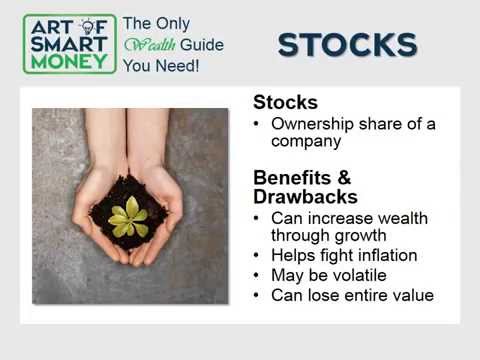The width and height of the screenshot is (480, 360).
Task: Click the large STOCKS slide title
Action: point(347,45)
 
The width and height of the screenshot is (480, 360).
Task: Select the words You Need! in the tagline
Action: point(161,65)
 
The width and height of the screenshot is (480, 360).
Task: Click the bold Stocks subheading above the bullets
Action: point(285,103)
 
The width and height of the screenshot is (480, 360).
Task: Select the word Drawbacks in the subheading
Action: point(305,196)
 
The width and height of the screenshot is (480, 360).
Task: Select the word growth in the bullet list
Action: point(354,235)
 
